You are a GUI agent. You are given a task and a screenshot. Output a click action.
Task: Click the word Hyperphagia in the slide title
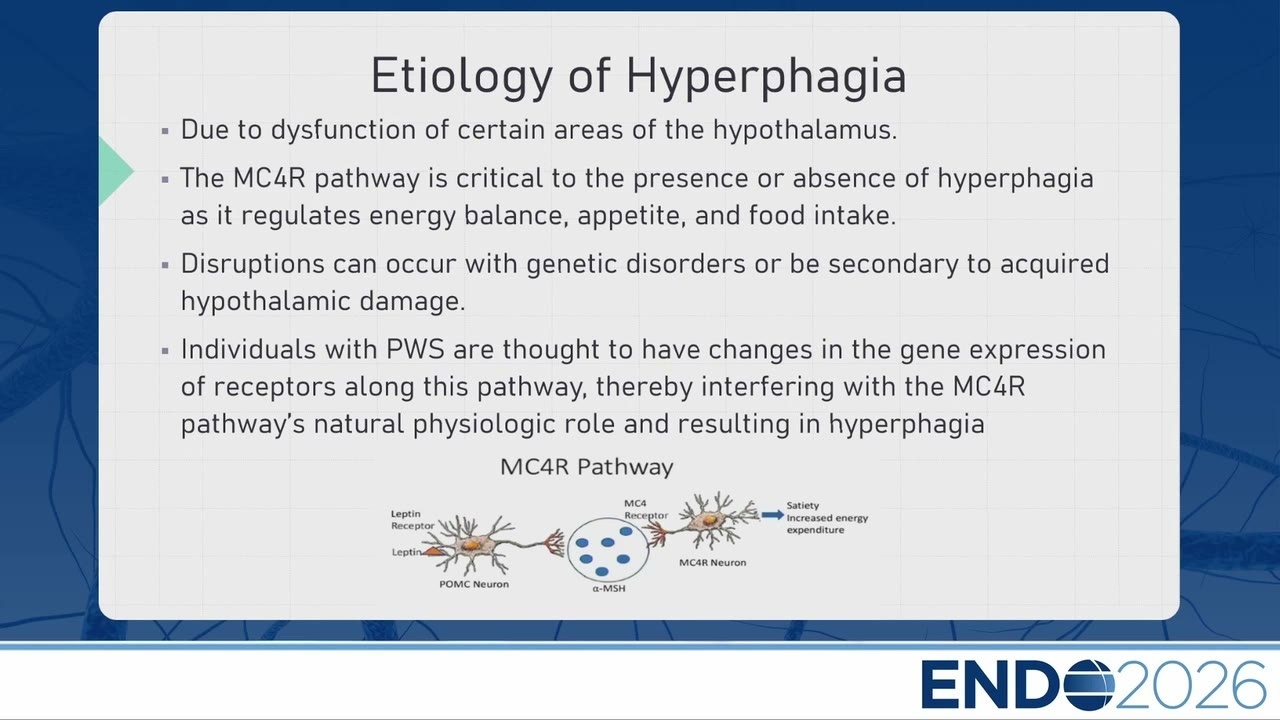tap(766, 77)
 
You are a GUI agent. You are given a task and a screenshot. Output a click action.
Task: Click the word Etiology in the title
tap(462, 77)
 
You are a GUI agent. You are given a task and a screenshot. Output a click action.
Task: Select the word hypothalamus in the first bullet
tap(805, 131)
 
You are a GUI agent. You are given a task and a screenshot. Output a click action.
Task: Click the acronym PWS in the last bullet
tap(415, 350)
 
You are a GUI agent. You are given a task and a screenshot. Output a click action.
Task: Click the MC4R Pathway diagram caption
tap(587, 467)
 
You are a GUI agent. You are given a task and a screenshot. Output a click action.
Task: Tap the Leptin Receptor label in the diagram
tap(413, 520)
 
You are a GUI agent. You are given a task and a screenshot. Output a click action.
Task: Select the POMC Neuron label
tap(474, 585)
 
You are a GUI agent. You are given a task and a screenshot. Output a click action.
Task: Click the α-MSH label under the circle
tap(609, 589)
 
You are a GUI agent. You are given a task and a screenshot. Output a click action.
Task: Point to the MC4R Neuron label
tap(713, 563)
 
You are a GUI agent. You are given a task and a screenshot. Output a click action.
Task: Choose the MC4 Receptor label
tap(646, 510)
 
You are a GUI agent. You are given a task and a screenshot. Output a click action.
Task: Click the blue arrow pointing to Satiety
tap(773, 515)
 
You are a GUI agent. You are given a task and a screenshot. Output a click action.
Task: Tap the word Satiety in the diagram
tap(803, 506)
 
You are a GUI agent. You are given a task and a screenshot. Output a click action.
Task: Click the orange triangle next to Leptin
tap(434, 552)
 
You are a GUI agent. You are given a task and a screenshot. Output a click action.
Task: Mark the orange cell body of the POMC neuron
tap(471, 546)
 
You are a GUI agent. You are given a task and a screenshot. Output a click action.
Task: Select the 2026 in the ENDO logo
tap(1190, 685)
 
